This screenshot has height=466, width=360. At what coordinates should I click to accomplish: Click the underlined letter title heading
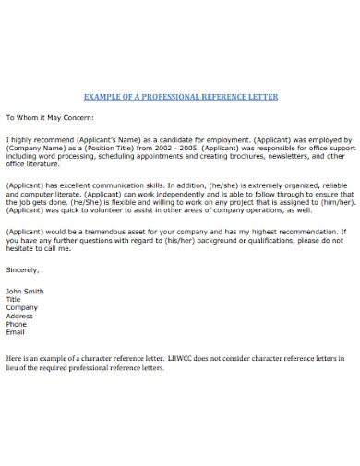(x=180, y=96)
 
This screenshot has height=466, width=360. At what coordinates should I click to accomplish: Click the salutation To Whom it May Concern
(x=56, y=118)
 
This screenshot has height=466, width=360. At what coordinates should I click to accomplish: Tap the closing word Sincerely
(x=23, y=270)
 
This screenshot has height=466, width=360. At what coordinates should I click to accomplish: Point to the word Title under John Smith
(x=14, y=300)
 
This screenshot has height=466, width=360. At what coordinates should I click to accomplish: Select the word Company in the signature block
(x=21, y=308)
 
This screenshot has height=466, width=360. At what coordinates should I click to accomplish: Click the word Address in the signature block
(x=20, y=317)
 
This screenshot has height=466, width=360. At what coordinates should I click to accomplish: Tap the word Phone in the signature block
(x=17, y=325)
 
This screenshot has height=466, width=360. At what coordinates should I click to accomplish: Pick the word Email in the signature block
(x=16, y=333)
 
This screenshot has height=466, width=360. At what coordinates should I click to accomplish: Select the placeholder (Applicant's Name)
(x=102, y=138)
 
